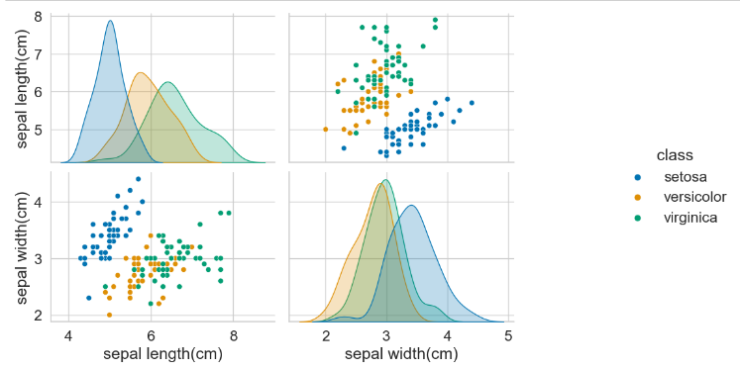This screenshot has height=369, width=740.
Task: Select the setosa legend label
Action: pyautogui.click(x=681, y=177)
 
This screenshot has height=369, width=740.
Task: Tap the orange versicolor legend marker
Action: pyautogui.click(x=638, y=198)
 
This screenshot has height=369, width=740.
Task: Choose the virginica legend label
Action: pyautogui.click(x=684, y=218)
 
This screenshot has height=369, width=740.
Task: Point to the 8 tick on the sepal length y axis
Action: pyautogui.click(x=37, y=17)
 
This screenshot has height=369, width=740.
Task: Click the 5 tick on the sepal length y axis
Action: pyautogui.click(x=37, y=130)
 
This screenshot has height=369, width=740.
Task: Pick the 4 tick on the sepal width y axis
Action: pyautogui.click(x=37, y=201)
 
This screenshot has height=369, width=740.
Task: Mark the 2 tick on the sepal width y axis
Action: pyautogui.click(x=37, y=315)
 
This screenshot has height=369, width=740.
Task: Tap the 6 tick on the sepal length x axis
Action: pyautogui.click(x=151, y=335)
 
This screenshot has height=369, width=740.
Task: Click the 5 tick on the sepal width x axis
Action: pyautogui.click(x=508, y=335)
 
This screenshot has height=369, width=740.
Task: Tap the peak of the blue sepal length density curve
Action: pyautogui.click(x=109, y=21)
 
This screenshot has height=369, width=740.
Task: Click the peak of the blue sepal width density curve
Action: pyautogui.click(x=410, y=205)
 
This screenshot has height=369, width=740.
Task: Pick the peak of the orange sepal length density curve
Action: pyautogui.click(x=140, y=73)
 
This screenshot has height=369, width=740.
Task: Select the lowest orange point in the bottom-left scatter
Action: pyautogui.click(x=109, y=315)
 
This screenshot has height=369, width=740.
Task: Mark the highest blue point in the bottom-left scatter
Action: pyautogui.click(x=138, y=179)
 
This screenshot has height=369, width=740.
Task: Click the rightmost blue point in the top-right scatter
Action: pyautogui.click(x=472, y=103)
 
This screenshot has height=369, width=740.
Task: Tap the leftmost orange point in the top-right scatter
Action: pyautogui.click(x=326, y=129)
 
